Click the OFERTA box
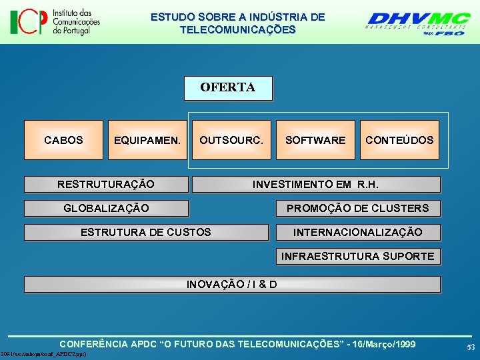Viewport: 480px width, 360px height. click(x=228, y=88)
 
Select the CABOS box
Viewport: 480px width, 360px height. click(x=64, y=140)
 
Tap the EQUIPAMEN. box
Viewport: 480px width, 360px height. click(x=147, y=140)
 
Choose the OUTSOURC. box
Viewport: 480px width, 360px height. click(x=231, y=140)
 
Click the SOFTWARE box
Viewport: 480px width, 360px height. click(x=315, y=140)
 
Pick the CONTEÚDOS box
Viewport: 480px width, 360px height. click(x=399, y=140)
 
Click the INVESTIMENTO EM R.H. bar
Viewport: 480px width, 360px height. click(x=315, y=185)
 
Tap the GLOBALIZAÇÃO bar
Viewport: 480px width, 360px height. click(x=106, y=209)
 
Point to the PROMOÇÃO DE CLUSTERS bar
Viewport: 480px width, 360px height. click(x=358, y=209)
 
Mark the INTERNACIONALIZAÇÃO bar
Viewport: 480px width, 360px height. click(x=358, y=233)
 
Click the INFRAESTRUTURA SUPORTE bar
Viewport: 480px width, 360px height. click(x=358, y=257)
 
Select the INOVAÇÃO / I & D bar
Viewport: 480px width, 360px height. click(x=232, y=285)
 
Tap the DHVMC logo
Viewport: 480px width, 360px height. click(x=419, y=21)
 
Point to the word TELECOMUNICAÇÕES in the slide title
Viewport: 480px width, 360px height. click(x=237, y=30)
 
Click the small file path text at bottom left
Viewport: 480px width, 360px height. click(x=44, y=354)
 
